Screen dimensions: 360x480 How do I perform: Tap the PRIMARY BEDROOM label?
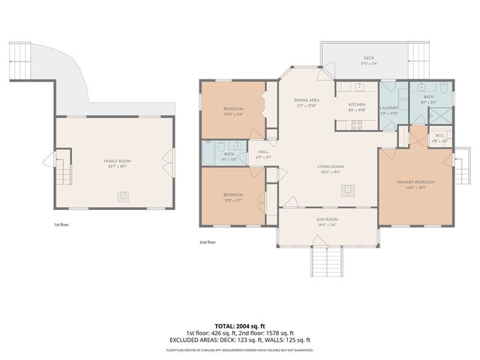pos(415,181)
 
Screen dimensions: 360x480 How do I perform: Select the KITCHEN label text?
pos(356,104)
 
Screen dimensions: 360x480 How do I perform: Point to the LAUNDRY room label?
pos(388,108)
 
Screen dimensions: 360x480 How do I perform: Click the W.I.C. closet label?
pos(439,136)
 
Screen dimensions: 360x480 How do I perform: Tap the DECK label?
pos(369,58)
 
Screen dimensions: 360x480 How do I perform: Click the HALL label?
pos(263,151)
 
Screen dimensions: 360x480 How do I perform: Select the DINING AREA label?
pos(307,100)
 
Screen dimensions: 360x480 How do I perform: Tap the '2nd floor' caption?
pos(207,242)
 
